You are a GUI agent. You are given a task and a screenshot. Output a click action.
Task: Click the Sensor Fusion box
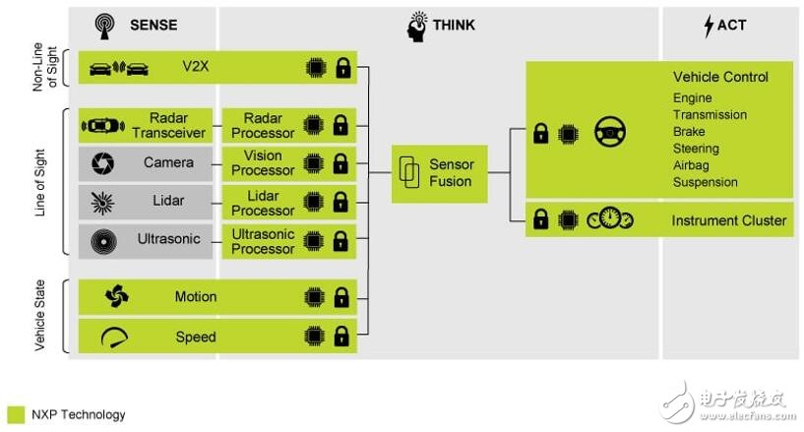tap(440, 174)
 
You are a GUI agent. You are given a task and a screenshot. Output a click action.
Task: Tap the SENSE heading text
tap(154, 25)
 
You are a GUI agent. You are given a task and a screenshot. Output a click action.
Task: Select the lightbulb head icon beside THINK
tap(417, 27)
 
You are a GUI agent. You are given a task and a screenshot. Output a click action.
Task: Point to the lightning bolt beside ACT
tap(709, 26)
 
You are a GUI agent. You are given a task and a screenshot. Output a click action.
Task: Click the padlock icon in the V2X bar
tap(343, 68)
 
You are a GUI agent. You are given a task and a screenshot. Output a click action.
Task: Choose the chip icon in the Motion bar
tap(314, 297)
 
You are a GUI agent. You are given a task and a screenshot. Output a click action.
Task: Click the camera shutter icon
tap(102, 163)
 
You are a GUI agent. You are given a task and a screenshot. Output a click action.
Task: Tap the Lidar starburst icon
tap(102, 202)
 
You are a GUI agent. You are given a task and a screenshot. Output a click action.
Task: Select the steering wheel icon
tap(610, 132)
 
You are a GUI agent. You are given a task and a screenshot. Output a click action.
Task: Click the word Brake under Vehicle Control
tap(689, 132)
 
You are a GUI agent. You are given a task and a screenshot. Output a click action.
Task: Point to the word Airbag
tap(691, 165)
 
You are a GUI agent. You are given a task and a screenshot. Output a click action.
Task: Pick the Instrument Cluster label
tap(728, 220)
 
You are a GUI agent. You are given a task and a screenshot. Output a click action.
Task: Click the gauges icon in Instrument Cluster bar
tap(610, 218)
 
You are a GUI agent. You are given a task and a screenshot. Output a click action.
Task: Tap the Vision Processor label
tap(263, 163)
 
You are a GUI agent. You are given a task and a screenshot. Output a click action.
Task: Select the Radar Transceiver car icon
tap(103, 126)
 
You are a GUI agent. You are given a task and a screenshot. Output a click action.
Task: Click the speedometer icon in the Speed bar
tap(114, 338)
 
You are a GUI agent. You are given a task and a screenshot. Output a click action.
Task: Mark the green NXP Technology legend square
tap(16, 414)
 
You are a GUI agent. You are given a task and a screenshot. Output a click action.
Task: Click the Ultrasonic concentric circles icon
tap(103, 241)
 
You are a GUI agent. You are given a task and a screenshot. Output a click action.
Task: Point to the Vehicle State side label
tap(40, 315)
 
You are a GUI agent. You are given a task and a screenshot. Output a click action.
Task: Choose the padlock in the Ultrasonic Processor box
tap(340, 241)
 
